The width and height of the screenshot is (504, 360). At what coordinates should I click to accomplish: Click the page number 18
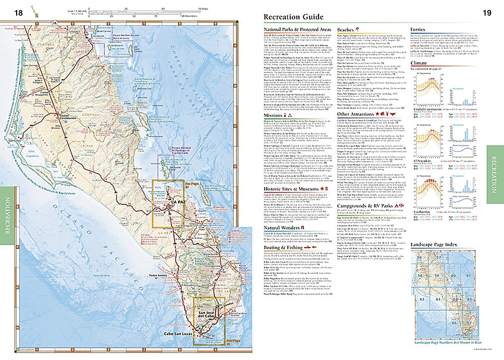19,13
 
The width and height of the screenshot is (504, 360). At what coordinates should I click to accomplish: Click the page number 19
487,13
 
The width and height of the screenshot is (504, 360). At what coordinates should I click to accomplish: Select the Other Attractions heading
357,129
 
